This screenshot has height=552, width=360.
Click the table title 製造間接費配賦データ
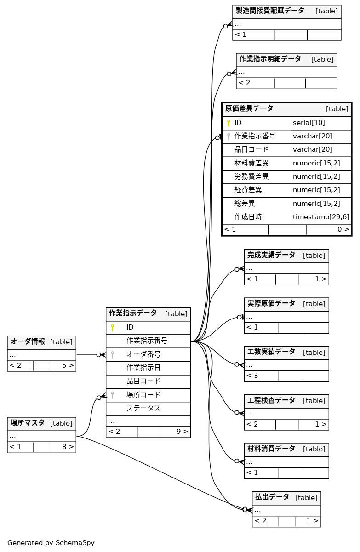(270, 11)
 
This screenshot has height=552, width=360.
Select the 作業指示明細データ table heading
(270, 59)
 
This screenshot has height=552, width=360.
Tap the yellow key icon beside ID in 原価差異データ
(229, 123)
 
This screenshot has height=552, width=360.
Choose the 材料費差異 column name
(251, 163)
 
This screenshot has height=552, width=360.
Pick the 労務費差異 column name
(251, 176)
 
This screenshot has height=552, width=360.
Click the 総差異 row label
(245, 204)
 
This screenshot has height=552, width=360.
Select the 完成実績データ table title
(271, 255)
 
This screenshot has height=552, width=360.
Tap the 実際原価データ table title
(271, 303)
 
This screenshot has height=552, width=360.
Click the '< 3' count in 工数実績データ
(252, 376)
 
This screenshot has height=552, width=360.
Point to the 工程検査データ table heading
(271, 400)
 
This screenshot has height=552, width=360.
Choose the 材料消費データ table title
(271, 449)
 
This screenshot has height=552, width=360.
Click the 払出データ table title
(272, 497)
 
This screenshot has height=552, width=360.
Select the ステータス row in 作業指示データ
(143, 408)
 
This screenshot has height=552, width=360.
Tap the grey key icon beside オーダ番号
(112, 354)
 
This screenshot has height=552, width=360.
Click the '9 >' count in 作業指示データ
(182, 432)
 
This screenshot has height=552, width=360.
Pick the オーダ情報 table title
(28, 341)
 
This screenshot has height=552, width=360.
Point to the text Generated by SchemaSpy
(51, 543)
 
